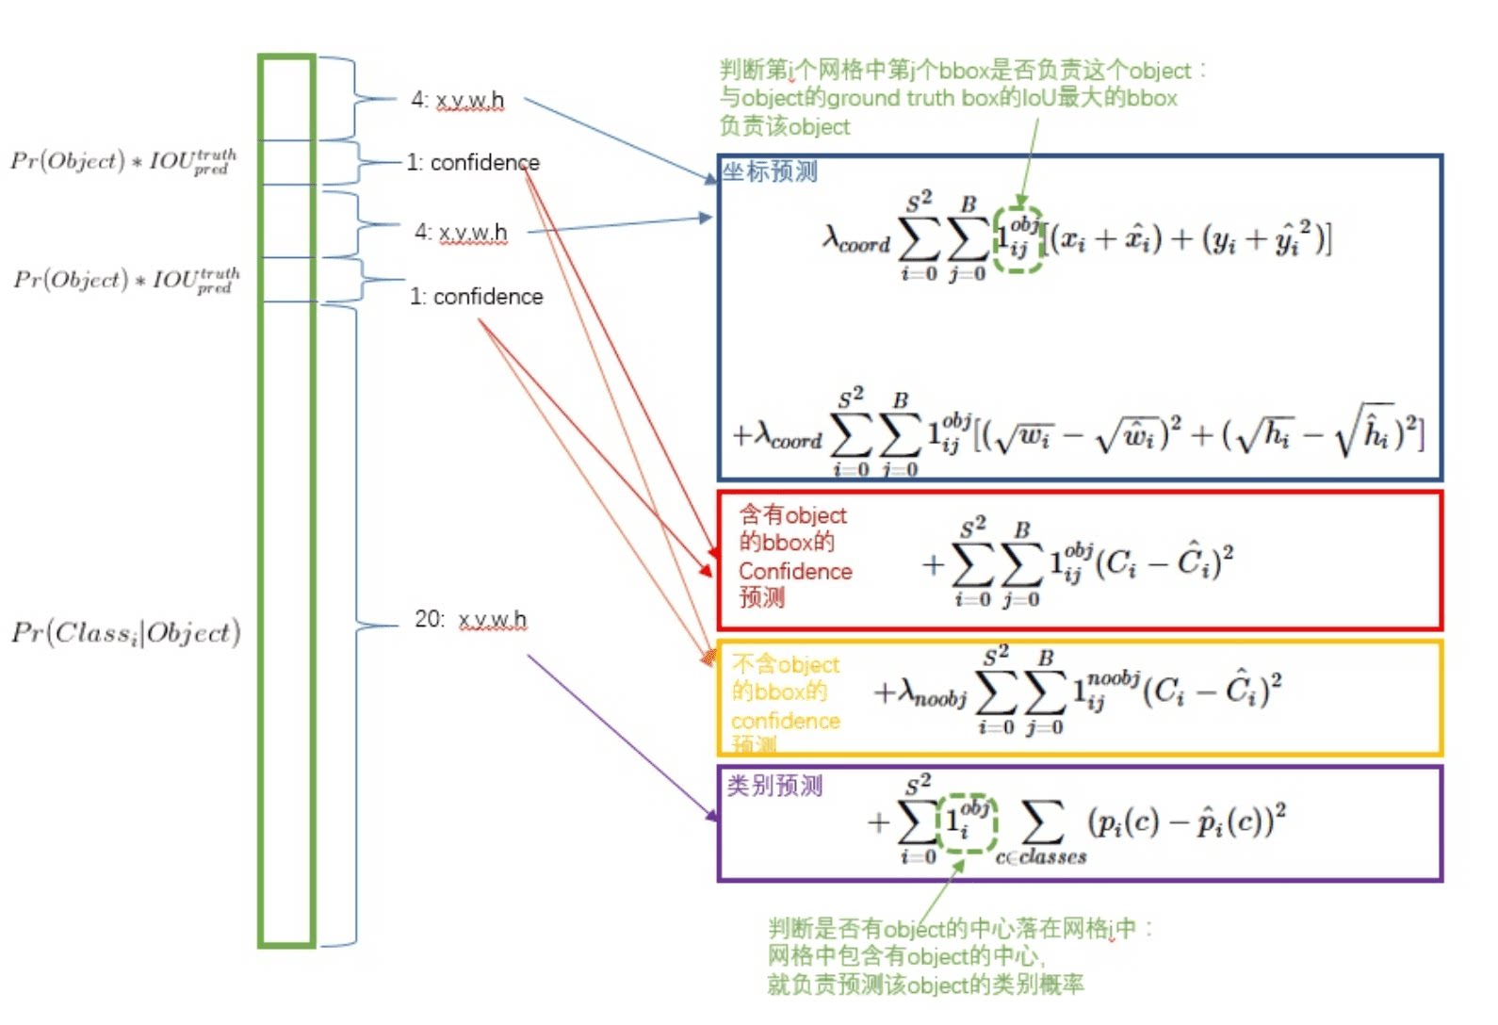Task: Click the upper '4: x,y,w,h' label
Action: tap(458, 100)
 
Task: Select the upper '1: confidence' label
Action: tap(474, 163)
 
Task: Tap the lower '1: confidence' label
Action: tap(477, 297)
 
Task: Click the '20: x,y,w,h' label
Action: tap(471, 619)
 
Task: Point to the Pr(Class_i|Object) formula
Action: tap(126, 632)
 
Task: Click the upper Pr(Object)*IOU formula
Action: tap(123, 161)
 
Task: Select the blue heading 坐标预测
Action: tap(770, 171)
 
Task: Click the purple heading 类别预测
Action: tap(774, 786)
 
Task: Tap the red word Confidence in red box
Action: tap(795, 571)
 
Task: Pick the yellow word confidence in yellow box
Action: tap(786, 721)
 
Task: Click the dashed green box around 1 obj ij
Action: tap(1018, 239)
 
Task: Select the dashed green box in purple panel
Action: tap(968, 822)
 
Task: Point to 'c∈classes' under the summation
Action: tap(1041, 856)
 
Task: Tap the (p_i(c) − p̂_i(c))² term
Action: tap(1186, 822)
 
